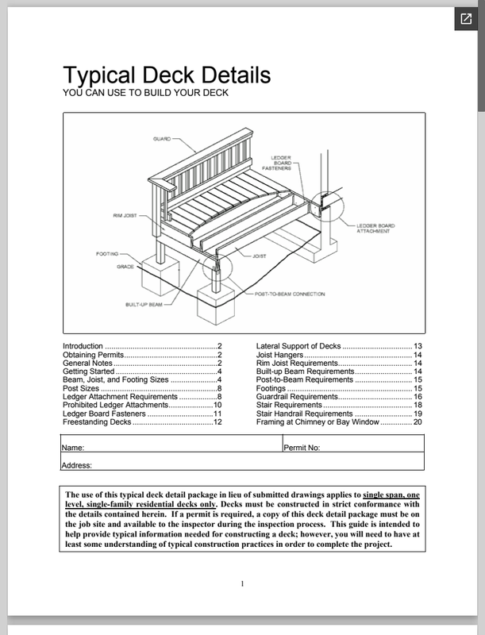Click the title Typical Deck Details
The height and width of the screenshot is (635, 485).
click(167, 75)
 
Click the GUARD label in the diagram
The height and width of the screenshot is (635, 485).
click(161, 139)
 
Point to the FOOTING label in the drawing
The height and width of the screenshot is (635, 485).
click(107, 254)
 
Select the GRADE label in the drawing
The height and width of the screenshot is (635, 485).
click(125, 267)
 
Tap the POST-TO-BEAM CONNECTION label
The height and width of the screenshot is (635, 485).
click(290, 294)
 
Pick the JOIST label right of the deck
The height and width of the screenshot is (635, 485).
click(259, 257)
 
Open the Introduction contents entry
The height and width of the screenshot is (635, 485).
click(83, 346)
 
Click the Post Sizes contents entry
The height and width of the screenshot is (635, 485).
click(81, 388)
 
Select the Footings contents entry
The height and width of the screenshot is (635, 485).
click(271, 388)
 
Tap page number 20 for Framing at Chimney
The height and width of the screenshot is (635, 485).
click(417, 422)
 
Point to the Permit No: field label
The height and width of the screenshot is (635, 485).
click(302, 448)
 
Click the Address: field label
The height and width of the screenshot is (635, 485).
click(77, 465)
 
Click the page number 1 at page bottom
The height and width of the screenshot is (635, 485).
click(242, 585)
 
